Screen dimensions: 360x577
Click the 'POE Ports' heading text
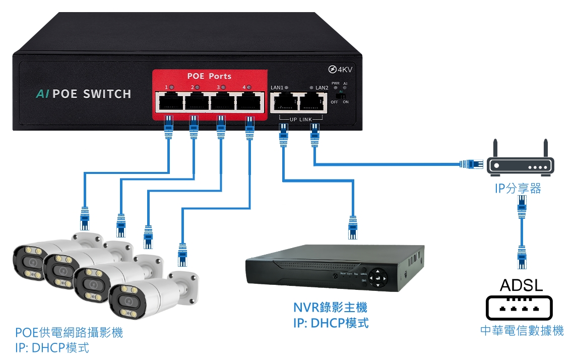point(209,76)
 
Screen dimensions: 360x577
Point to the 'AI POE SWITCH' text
point(84,94)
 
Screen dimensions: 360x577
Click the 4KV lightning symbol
point(332,70)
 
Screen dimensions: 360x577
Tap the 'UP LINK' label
point(301,119)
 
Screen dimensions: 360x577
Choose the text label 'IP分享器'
point(518,189)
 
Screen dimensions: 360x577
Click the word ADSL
point(521,286)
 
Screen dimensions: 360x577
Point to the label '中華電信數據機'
point(522,331)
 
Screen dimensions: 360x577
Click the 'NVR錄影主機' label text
point(330,307)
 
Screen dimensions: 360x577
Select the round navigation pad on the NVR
point(377,277)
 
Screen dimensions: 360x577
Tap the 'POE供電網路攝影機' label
point(69,333)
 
